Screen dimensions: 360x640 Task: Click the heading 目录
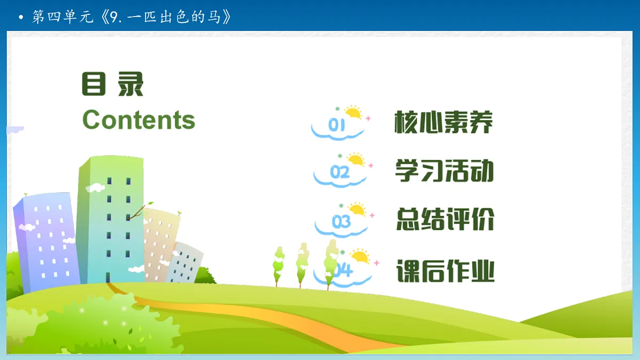113,84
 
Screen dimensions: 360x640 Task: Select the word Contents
139,119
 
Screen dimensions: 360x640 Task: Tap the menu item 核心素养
444,123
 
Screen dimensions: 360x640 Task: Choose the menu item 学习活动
444,170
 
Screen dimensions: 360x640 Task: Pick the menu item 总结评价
445,219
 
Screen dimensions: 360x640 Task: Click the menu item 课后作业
445,270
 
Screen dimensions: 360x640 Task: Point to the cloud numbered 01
337,127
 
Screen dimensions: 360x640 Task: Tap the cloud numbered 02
340,173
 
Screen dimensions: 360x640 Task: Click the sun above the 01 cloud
353,113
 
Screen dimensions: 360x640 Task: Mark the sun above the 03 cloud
356,209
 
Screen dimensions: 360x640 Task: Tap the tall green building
110,219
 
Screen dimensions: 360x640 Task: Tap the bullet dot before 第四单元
21,18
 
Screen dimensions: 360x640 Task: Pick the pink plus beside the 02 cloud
371,165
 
